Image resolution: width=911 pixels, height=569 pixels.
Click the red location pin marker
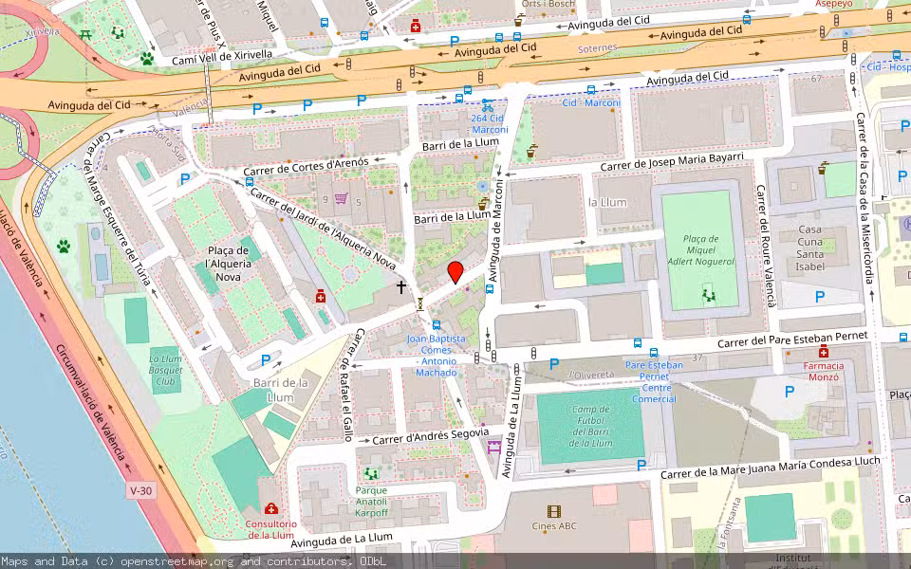pos(455,272)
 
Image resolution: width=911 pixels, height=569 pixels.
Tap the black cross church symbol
pos(401,285)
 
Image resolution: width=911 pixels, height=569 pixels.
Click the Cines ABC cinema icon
pos(554,511)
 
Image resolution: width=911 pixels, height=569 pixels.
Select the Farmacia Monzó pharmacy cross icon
pos(824,353)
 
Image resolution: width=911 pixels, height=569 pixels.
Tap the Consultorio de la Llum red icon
pos(271,509)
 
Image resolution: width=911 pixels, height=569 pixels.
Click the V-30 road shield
pos(140,490)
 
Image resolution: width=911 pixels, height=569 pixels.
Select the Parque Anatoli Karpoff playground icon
pos(371,472)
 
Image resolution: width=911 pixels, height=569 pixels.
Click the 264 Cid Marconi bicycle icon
pos(487,105)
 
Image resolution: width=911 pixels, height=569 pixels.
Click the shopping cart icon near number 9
pos(341,199)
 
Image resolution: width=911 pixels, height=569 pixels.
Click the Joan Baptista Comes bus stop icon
pos(436,325)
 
